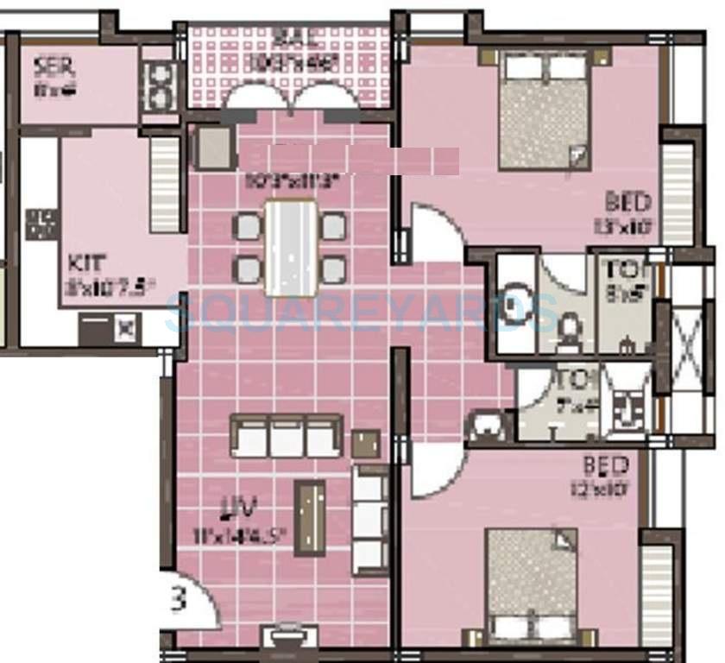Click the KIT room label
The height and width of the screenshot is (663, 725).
(83, 262)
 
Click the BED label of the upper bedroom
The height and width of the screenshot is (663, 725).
(627, 204)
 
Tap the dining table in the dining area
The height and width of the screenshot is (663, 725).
(291, 247)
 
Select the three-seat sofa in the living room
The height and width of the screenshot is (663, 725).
(286, 437)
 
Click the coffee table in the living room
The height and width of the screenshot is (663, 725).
(310, 518)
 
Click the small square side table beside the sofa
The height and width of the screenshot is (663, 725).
(366, 445)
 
